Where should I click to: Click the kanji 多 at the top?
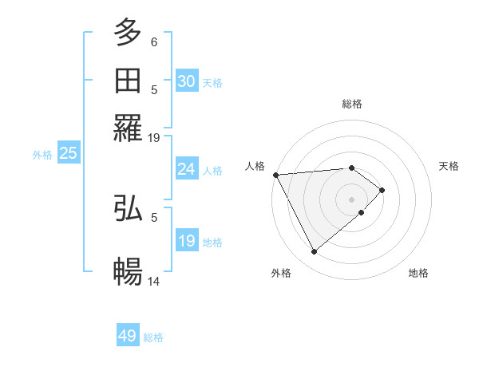pyautogui.click(x=128, y=33)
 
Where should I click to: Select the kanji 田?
pyautogui.click(x=128, y=80)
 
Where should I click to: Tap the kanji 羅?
pyautogui.click(x=128, y=126)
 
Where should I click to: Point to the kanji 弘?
pyautogui.click(x=128, y=208)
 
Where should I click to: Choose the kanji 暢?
pyautogui.click(x=128, y=271)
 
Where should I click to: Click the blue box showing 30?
pyautogui.click(x=187, y=81)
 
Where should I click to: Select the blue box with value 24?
pyautogui.click(x=187, y=169)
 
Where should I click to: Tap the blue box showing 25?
pyautogui.click(x=68, y=153)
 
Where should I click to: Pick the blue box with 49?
pyautogui.click(x=128, y=336)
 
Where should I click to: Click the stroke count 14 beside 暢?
pyautogui.click(x=154, y=282)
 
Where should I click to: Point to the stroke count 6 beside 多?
pyautogui.click(x=154, y=41)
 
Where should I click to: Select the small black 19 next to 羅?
pyautogui.click(x=154, y=137)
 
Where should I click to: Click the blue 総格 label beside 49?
pyautogui.click(x=153, y=337)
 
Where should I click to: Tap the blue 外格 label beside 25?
pyautogui.click(x=42, y=155)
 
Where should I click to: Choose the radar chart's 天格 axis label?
pyautogui.click(x=449, y=166)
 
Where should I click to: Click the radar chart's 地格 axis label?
pyautogui.click(x=418, y=273)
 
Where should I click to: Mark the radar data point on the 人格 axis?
pyautogui.click(x=275, y=175)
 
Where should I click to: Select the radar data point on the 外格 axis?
pyautogui.click(x=314, y=252)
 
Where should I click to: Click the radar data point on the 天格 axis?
pyautogui.click(x=382, y=190)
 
